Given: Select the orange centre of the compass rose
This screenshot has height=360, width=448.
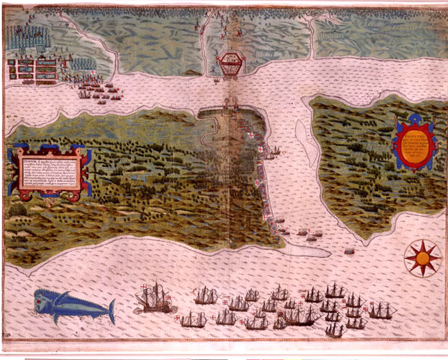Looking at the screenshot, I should pyautogui.click(x=422, y=258).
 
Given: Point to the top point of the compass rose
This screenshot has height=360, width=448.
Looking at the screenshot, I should pyautogui.click(x=422, y=240).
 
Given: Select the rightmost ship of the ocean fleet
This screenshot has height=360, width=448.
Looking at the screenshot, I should pyautogui.click(x=382, y=311).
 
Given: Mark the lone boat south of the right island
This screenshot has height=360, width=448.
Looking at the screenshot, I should pyautogui.click(x=349, y=251).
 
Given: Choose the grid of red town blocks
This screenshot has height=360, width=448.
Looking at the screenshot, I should pyautogui.click(x=29, y=68).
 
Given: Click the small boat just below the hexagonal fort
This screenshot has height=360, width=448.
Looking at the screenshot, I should pyautogui.click(x=217, y=80).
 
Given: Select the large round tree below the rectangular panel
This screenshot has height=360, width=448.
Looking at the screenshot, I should pyautogui.click(x=18, y=208).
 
